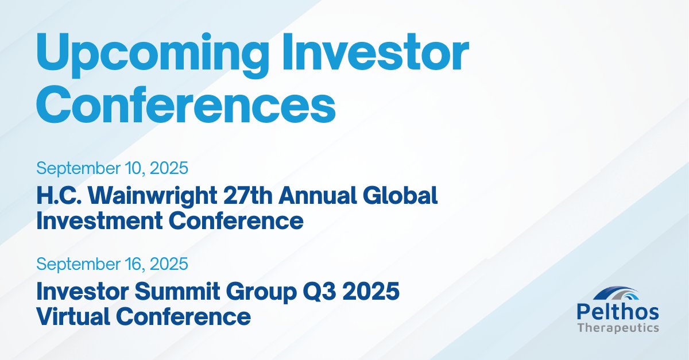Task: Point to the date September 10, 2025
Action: point(113,169)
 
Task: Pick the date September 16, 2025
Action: point(113,264)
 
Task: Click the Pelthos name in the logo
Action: point(618,313)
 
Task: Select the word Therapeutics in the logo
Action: point(618,328)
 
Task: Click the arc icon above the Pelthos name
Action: point(618,295)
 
